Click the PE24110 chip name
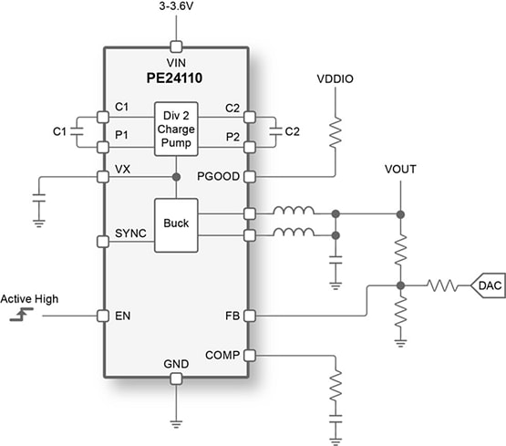pos(175,79)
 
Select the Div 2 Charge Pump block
pos(176,130)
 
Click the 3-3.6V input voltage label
pos(177,8)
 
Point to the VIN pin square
pos(176,45)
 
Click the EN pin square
pos(102,316)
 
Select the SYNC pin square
pos(102,241)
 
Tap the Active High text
pos(30,298)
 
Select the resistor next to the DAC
pos(441,285)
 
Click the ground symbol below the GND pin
pos(176,421)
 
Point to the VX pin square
pos(102,176)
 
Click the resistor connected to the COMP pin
pos(335,382)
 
